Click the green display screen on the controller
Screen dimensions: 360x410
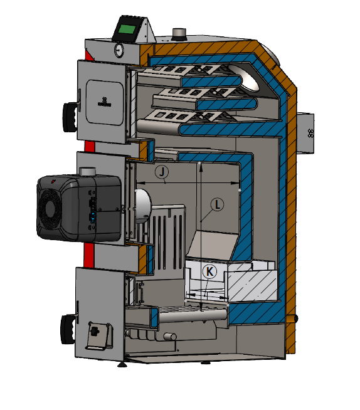(x=127, y=29)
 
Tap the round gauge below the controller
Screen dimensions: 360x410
(x=119, y=50)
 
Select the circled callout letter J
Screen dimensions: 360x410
(x=162, y=172)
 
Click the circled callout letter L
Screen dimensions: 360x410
(x=217, y=204)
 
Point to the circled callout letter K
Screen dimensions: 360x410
(x=209, y=271)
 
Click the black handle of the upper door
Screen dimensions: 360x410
(x=70, y=117)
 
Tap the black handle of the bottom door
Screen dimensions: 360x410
(x=68, y=329)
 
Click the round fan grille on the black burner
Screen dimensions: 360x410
(x=48, y=209)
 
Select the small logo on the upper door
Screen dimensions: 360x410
(x=104, y=102)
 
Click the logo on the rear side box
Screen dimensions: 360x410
(x=310, y=133)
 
